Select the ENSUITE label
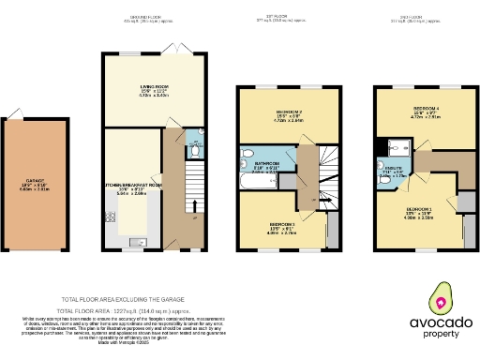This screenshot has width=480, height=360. (x=394, y=169)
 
